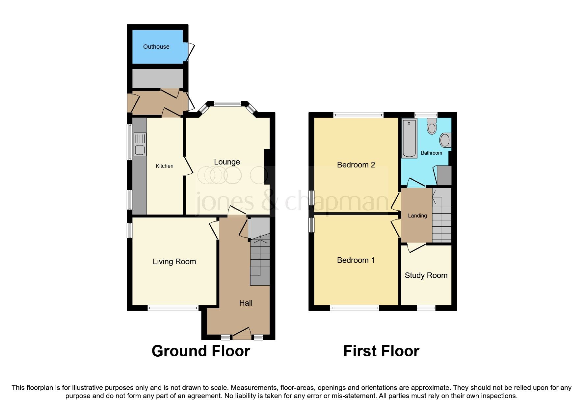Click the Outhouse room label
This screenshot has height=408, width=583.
point(156,47)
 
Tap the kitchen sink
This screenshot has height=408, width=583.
point(140,145)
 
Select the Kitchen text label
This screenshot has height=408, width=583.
point(164,166)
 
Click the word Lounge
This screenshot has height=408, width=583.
point(227,162)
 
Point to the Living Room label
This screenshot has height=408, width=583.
point(174,262)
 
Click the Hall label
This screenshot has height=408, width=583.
point(246,303)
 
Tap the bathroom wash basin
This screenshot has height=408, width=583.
point(445,140)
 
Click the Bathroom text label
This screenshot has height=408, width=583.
point(431,153)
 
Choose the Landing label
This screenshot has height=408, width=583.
point(417,216)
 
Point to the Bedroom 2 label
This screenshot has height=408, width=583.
point(356,165)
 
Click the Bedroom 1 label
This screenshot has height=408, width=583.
point(356,260)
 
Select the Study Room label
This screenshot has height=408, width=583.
point(426,275)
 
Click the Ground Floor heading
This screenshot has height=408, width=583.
point(200,351)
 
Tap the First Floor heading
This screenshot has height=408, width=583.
point(381,351)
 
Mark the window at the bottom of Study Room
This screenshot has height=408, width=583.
point(426,308)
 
